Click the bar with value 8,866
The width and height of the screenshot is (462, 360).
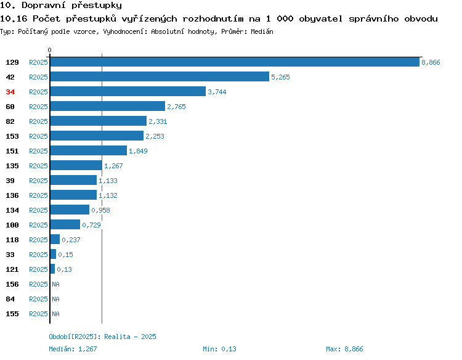pyautogui.click(x=235, y=62)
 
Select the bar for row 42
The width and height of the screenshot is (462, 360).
pyautogui.click(x=160, y=76)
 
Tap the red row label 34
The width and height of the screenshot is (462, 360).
pyautogui.click(x=10, y=92)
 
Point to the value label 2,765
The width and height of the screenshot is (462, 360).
pyautogui.click(x=177, y=107)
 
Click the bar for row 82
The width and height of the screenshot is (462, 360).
pyautogui.click(x=99, y=121)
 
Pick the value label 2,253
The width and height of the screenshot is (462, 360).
pyautogui.click(x=155, y=136)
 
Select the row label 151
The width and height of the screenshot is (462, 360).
pyautogui.click(x=12, y=151)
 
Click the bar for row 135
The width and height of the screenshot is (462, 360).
pyautogui.click(x=76, y=165)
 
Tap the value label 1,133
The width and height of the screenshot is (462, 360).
pyautogui.click(x=108, y=181)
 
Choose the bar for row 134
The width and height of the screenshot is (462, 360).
pyautogui.click(x=70, y=210)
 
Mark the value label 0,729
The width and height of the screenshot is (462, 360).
pyautogui.click(x=91, y=225)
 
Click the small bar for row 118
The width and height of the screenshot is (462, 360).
pyautogui.click(x=55, y=239)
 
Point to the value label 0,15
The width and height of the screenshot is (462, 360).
pyautogui.click(x=65, y=255)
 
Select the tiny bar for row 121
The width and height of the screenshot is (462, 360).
pyautogui.click(x=52, y=269)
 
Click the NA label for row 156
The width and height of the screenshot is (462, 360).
pyautogui.click(x=55, y=284)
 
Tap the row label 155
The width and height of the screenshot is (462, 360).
pyautogui.click(x=12, y=314)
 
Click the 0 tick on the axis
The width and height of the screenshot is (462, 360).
pyautogui.click(x=49, y=50)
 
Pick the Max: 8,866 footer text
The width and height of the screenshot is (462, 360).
pyautogui.click(x=344, y=349)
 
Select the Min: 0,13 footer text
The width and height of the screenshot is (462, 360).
pyautogui.click(x=219, y=349)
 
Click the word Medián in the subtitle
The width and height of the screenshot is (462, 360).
pyautogui.click(x=262, y=31)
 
